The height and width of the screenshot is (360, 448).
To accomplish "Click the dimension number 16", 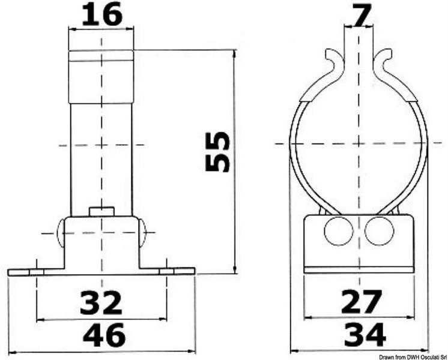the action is (102, 15).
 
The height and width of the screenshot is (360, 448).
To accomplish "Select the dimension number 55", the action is (217, 152).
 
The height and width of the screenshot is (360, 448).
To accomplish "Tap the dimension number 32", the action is (101, 302).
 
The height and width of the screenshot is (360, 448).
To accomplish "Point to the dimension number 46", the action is (104, 335).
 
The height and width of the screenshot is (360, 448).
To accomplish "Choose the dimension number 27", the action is (362, 301).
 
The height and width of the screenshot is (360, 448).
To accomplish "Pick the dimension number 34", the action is (365, 335).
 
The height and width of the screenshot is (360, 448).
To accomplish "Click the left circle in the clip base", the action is (339, 230).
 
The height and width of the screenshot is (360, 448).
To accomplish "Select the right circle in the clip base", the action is (379, 230).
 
